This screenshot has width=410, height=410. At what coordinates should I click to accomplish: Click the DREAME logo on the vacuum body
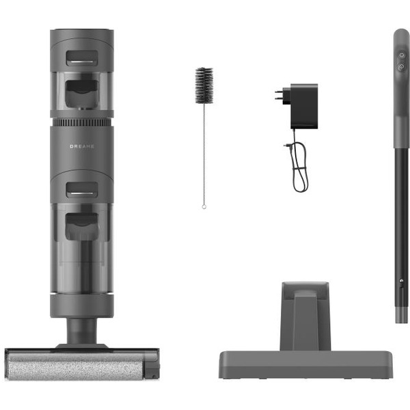pos(82,146)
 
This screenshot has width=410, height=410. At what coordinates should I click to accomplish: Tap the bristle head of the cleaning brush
pos(204,85)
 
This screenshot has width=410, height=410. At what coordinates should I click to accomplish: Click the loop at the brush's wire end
pos(204,207)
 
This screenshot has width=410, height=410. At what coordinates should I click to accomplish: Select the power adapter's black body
pos(304,106)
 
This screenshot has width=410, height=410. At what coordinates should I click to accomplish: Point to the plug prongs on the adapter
pos(279,94)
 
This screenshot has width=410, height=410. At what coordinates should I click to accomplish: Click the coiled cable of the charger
pos(299,167)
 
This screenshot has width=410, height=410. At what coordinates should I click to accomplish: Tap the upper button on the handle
pos(402,55)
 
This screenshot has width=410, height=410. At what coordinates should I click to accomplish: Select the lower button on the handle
pos(401,67)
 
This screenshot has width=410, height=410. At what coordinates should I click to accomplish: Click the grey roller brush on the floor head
pos(76,366)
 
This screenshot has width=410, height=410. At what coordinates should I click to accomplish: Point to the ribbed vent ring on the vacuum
pos(82,122)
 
